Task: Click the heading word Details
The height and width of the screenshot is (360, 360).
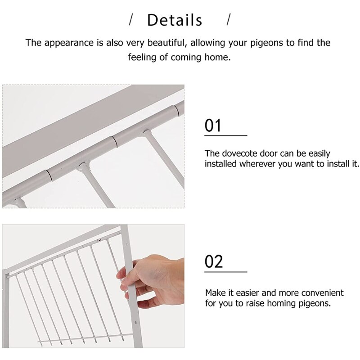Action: click(175, 20)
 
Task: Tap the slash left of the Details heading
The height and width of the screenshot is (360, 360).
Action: click(131, 20)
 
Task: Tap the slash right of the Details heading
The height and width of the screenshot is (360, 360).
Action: click(228, 20)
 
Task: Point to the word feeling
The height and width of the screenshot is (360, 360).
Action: click(145, 58)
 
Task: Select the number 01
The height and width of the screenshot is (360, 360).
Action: click(213, 126)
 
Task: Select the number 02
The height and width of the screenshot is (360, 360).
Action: click(214, 261)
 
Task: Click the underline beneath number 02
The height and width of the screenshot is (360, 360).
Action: click(226, 272)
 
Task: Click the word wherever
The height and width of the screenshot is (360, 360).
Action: click(257, 164)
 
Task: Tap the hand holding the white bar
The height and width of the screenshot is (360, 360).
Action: click(155, 281)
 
